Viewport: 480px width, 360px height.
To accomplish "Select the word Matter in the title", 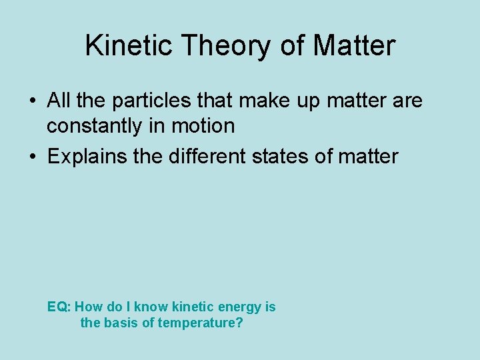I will (x=354, y=46).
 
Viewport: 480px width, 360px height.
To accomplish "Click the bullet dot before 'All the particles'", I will (x=32, y=102).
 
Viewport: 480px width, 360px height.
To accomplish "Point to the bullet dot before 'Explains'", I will (x=32, y=157).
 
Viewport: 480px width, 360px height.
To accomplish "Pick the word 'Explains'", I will (x=89, y=157).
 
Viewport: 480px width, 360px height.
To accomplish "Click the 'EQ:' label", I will (x=59, y=307).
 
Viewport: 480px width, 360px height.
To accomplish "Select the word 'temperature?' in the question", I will (x=203, y=323).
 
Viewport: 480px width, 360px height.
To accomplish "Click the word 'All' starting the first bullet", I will (x=59, y=101).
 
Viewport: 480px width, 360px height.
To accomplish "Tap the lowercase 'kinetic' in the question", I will (x=193, y=307).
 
